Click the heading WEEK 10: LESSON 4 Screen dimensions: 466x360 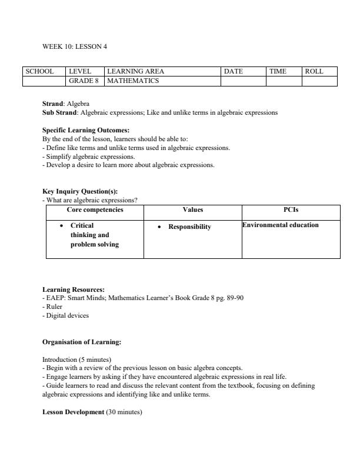[75, 46]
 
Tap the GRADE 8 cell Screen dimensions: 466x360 [84, 81]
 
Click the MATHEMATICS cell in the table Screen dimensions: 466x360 [133, 81]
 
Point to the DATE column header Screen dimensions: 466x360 [234, 71]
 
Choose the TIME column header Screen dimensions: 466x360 [278, 71]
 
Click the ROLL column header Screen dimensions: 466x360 [314, 71]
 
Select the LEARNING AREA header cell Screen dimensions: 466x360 [136, 71]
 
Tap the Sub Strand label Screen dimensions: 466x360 [59, 112]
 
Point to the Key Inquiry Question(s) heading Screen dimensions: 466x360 [80, 191]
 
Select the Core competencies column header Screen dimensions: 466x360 [95, 209]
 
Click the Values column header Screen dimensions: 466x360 [193, 209]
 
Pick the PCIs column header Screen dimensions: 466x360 [291, 209]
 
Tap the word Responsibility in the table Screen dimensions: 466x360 [189, 227]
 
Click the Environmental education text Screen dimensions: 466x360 [281, 225]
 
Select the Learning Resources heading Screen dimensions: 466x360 [74, 289]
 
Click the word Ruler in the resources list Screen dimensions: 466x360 [54, 307]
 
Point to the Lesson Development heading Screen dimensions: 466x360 [73, 412]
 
